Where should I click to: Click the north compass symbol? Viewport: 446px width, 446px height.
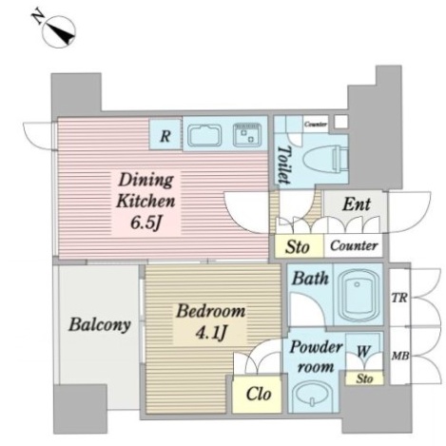click(56, 29)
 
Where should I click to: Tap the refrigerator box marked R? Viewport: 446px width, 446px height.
click(165, 134)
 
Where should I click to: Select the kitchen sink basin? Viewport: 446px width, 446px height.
click(204, 136)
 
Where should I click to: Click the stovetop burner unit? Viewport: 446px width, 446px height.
click(247, 135)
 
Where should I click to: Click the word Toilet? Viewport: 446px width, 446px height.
click(283, 165)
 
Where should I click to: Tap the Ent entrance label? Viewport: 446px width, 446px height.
click(357, 204)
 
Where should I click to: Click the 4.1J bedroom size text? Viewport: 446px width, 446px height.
click(211, 332)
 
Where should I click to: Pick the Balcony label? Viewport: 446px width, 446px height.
click(100, 324)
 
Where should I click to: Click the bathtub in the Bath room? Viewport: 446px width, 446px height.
click(359, 295)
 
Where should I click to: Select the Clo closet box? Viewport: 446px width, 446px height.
click(257, 394)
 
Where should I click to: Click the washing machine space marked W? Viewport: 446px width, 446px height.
click(364, 351)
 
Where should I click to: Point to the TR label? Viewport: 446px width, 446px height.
click(399, 298)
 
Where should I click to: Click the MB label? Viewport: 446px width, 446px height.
click(399, 357)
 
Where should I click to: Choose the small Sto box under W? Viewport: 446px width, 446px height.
click(364, 378)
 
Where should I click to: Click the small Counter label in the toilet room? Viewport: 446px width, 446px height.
click(316, 125)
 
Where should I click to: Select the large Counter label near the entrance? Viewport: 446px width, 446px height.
click(354, 245)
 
